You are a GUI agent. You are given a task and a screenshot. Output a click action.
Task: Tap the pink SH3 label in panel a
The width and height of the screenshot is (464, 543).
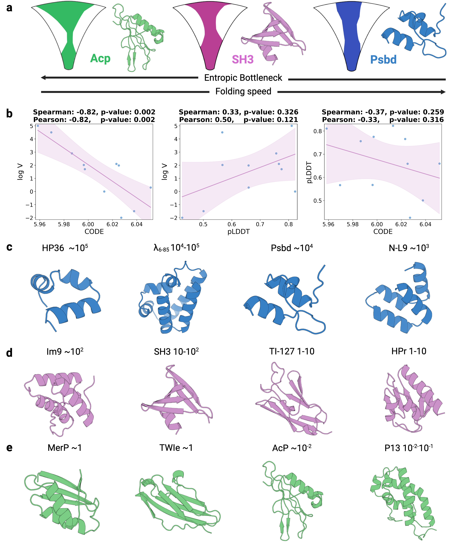243,60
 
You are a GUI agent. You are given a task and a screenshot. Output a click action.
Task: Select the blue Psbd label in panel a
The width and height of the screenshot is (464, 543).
383,60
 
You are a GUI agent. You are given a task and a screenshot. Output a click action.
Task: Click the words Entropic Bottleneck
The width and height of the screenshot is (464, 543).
243,78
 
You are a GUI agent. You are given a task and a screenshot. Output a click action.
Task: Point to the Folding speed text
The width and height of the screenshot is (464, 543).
243,91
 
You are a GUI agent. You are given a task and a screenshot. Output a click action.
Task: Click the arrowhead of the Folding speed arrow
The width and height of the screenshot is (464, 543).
443,92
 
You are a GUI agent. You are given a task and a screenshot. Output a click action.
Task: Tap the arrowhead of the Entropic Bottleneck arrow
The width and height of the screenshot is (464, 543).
43,78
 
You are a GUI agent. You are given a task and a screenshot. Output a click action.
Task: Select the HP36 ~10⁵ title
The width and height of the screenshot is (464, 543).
65,248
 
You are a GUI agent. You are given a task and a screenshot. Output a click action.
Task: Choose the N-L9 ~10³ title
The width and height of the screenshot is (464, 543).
409,248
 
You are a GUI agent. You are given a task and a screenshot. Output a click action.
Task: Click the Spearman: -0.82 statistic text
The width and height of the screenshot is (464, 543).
65,112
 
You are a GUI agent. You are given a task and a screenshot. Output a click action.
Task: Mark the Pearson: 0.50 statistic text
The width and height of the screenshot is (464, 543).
206,120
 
